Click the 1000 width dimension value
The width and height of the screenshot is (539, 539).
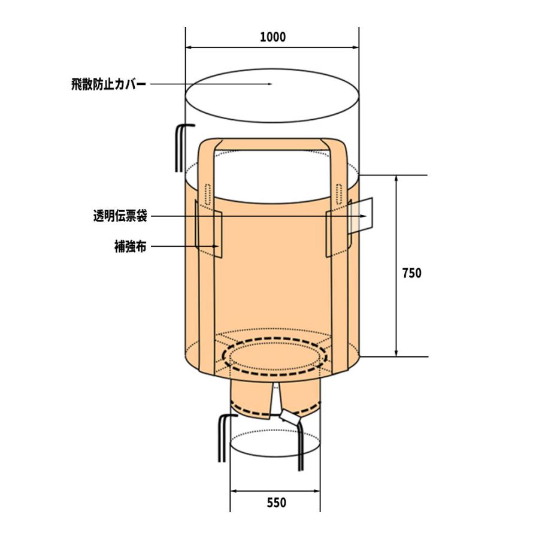click(272, 37)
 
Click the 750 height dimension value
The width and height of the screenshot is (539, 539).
click(411, 273)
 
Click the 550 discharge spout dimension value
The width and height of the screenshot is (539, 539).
click(275, 502)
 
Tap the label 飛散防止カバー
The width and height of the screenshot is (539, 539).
click(108, 84)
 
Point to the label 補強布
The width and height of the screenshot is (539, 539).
click(129, 246)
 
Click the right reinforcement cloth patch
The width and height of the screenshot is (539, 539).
click(337, 232)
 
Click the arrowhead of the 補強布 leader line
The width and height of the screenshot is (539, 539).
click(217, 246)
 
